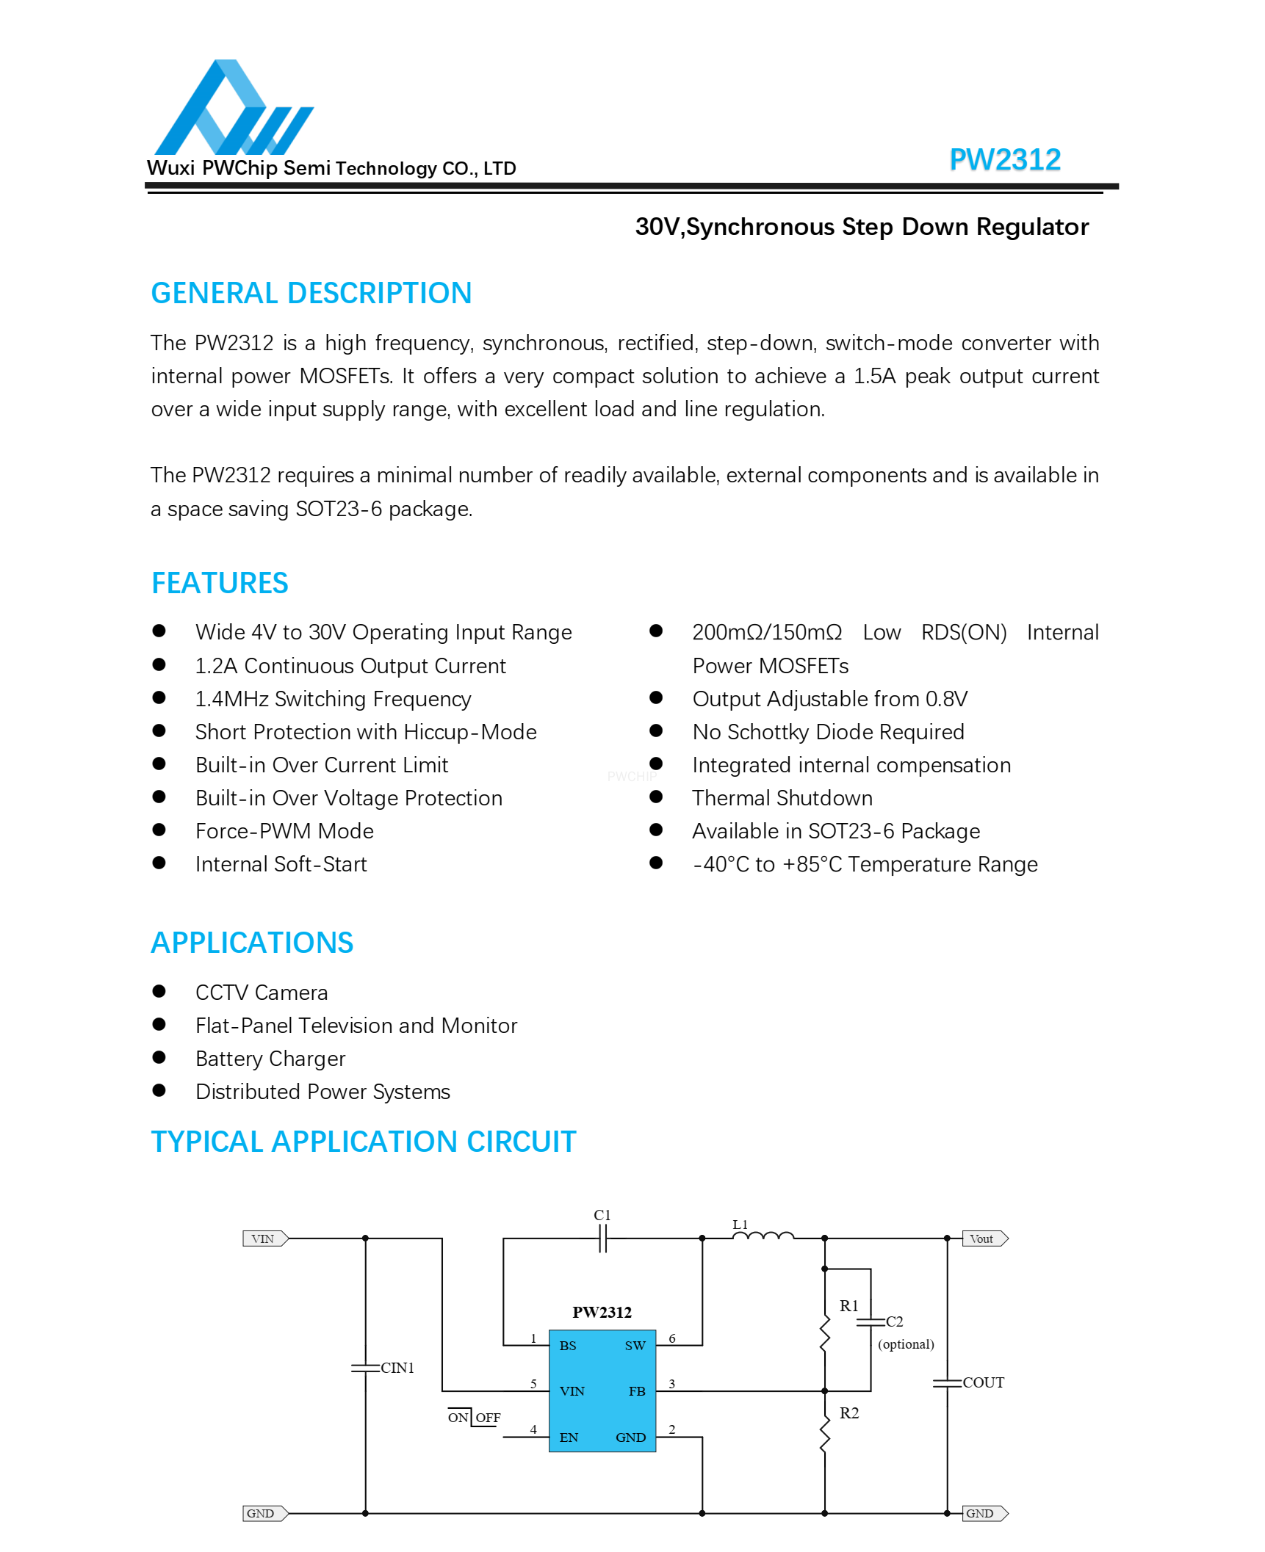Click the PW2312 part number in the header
tap(1004, 159)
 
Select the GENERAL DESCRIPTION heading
tap(311, 293)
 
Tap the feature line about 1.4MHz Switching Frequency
tap(333, 699)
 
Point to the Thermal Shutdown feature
tap(782, 798)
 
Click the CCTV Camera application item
tap(262, 993)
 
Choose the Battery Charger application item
tap(270, 1059)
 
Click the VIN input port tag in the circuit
tap(264, 1239)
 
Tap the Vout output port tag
tap(983, 1239)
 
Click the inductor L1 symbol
tap(763, 1236)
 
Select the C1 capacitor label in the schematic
tap(602, 1215)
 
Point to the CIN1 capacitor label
tap(397, 1368)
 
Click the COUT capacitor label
tap(983, 1382)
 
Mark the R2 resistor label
tap(848, 1413)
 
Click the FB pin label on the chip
tap(636, 1391)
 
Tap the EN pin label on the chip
tap(569, 1437)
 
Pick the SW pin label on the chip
tap(635, 1346)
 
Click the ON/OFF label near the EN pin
tap(474, 1418)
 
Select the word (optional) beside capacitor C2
tap(906, 1344)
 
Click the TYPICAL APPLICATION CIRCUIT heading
tap(363, 1142)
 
